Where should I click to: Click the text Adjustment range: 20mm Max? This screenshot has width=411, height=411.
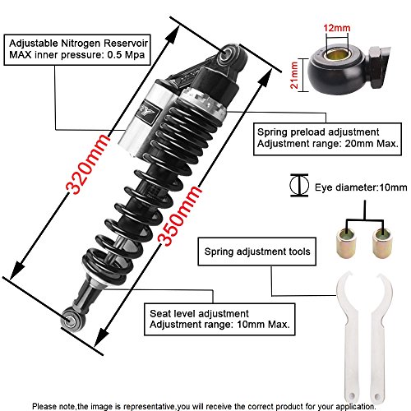coord(327,145)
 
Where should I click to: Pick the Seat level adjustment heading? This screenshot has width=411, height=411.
coord(201,312)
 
